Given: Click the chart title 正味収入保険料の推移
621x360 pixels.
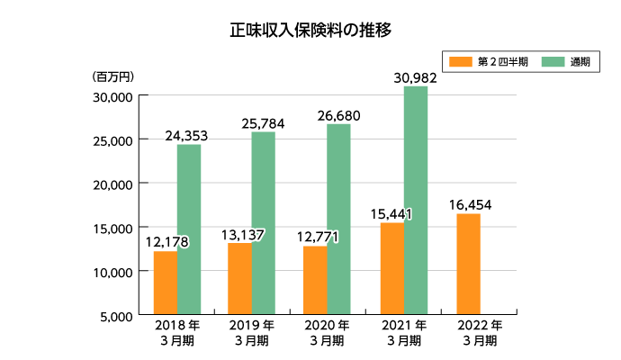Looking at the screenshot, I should (x=310, y=30).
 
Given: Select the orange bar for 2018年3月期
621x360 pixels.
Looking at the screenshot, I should (x=166, y=283).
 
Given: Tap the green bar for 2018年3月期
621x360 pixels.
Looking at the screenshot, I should (x=189, y=229).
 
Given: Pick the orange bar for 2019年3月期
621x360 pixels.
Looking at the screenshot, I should (x=239, y=279).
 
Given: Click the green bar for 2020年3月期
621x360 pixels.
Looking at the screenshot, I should (x=338, y=219).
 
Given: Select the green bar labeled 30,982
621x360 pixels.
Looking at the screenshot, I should (x=416, y=200).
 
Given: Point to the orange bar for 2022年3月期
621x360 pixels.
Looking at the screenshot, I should (x=468, y=264).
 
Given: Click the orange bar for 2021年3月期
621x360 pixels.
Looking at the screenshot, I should (x=391, y=268).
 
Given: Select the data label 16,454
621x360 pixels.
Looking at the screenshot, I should (x=469, y=204).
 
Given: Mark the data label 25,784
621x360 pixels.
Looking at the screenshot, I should (x=263, y=122).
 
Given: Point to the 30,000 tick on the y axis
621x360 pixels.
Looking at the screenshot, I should (x=113, y=96).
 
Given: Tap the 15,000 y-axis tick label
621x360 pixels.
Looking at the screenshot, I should (x=113, y=228).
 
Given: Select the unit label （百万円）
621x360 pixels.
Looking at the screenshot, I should (x=112, y=76).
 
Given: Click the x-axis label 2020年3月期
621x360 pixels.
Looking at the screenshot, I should (x=320, y=332).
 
